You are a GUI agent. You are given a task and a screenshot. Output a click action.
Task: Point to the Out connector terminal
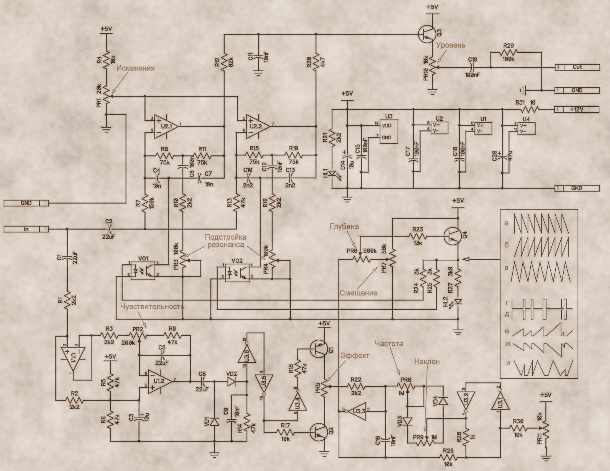pyautogui.click(x=577, y=67)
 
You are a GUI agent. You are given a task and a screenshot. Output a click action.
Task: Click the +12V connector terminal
pyautogui.click(x=577, y=109)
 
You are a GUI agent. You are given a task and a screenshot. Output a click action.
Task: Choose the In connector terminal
pyautogui.click(x=26, y=229)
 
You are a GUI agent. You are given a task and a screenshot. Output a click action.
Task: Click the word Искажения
pyautogui.click(x=136, y=68)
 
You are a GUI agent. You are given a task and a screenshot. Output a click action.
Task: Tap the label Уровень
pyautogui.click(x=451, y=45)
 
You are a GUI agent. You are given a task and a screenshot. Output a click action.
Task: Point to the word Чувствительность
pyautogui.click(x=152, y=306)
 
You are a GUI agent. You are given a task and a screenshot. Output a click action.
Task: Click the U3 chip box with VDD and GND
pyautogui.click(x=388, y=132)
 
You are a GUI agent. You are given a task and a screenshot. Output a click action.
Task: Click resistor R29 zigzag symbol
pyautogui.click(x=508, y=52)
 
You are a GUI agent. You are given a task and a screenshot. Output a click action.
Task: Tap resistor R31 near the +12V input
pyautogui.click(x=530, y=109)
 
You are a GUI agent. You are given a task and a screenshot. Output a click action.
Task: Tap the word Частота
pyautogui.click(x=389, y=343)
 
